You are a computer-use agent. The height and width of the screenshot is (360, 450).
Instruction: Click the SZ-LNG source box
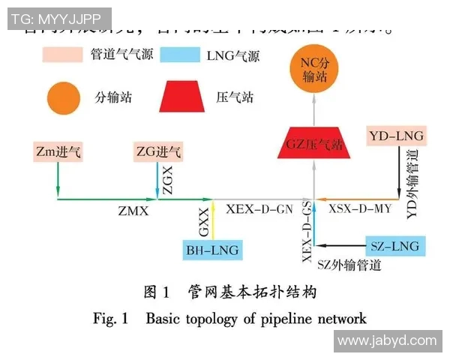(x=394, y=246)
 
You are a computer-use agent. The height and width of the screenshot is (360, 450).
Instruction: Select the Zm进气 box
(x=58, y=152)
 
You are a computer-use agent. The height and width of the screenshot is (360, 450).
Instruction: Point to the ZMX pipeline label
(x=133, y=212)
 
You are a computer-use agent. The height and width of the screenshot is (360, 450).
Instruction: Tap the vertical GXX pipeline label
(x=203, y=220)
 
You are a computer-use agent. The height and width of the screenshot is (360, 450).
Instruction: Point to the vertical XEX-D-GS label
(x=307, y=231)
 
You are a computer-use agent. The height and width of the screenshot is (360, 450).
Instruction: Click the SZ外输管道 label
(x=349, y=264)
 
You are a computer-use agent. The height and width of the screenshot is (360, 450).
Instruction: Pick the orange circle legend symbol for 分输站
(x=62, y=97)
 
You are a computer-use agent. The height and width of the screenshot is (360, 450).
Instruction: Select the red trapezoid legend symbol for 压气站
(x=182, y=97)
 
